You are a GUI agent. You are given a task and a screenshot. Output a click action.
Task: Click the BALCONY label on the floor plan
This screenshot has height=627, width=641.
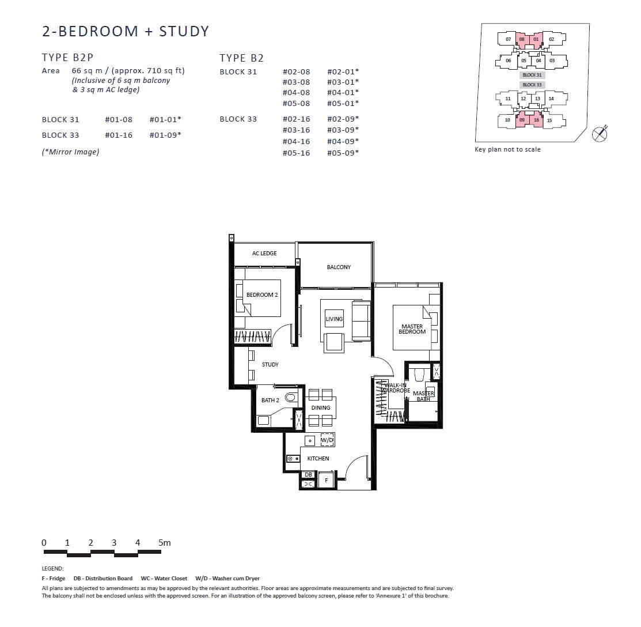tap(339, 267)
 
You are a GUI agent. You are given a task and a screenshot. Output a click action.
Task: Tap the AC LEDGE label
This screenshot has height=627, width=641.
tap(264, 253)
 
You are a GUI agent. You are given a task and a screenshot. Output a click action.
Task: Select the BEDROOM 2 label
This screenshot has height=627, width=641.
tap(262, 294)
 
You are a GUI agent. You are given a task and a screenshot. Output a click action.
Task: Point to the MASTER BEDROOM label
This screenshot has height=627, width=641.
tap(412, 329)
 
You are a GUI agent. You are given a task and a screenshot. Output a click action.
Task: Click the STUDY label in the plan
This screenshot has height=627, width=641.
tap(270, 364)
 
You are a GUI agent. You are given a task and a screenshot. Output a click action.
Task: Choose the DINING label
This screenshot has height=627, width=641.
tap(320, 408)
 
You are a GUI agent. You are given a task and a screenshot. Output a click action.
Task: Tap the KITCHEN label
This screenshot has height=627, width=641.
tap(318, 459)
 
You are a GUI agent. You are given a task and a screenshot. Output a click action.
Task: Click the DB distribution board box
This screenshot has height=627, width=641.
tap(309, 475)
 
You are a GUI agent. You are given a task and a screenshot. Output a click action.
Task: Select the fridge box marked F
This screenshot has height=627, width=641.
tap(326, 480)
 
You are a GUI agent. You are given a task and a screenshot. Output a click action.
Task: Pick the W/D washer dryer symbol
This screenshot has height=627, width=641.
tap(327, 440)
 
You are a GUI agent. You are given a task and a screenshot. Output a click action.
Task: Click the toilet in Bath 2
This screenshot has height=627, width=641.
tap(291, 397)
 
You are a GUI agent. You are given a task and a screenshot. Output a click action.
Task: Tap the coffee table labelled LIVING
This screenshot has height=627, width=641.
tap(334, 319)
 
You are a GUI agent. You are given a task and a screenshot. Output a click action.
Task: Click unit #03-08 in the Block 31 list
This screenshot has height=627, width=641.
tap(297, 82)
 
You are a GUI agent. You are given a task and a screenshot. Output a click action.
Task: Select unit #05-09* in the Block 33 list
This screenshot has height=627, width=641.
tap(343, 153)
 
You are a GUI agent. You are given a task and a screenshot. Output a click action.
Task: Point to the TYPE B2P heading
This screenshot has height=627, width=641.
tap(68, 58)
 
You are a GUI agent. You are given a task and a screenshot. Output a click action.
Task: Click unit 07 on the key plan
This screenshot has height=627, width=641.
tap(508, 39)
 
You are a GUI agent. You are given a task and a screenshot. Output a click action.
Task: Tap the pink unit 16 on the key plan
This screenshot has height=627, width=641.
tap(536, 120)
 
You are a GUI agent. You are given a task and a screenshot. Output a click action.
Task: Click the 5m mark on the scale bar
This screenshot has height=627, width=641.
tap(164, 543)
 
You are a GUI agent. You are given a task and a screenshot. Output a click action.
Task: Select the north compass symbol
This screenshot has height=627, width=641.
tap(600, 134)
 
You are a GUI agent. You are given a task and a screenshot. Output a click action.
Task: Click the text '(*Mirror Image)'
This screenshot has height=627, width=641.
tap(70, 152)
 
